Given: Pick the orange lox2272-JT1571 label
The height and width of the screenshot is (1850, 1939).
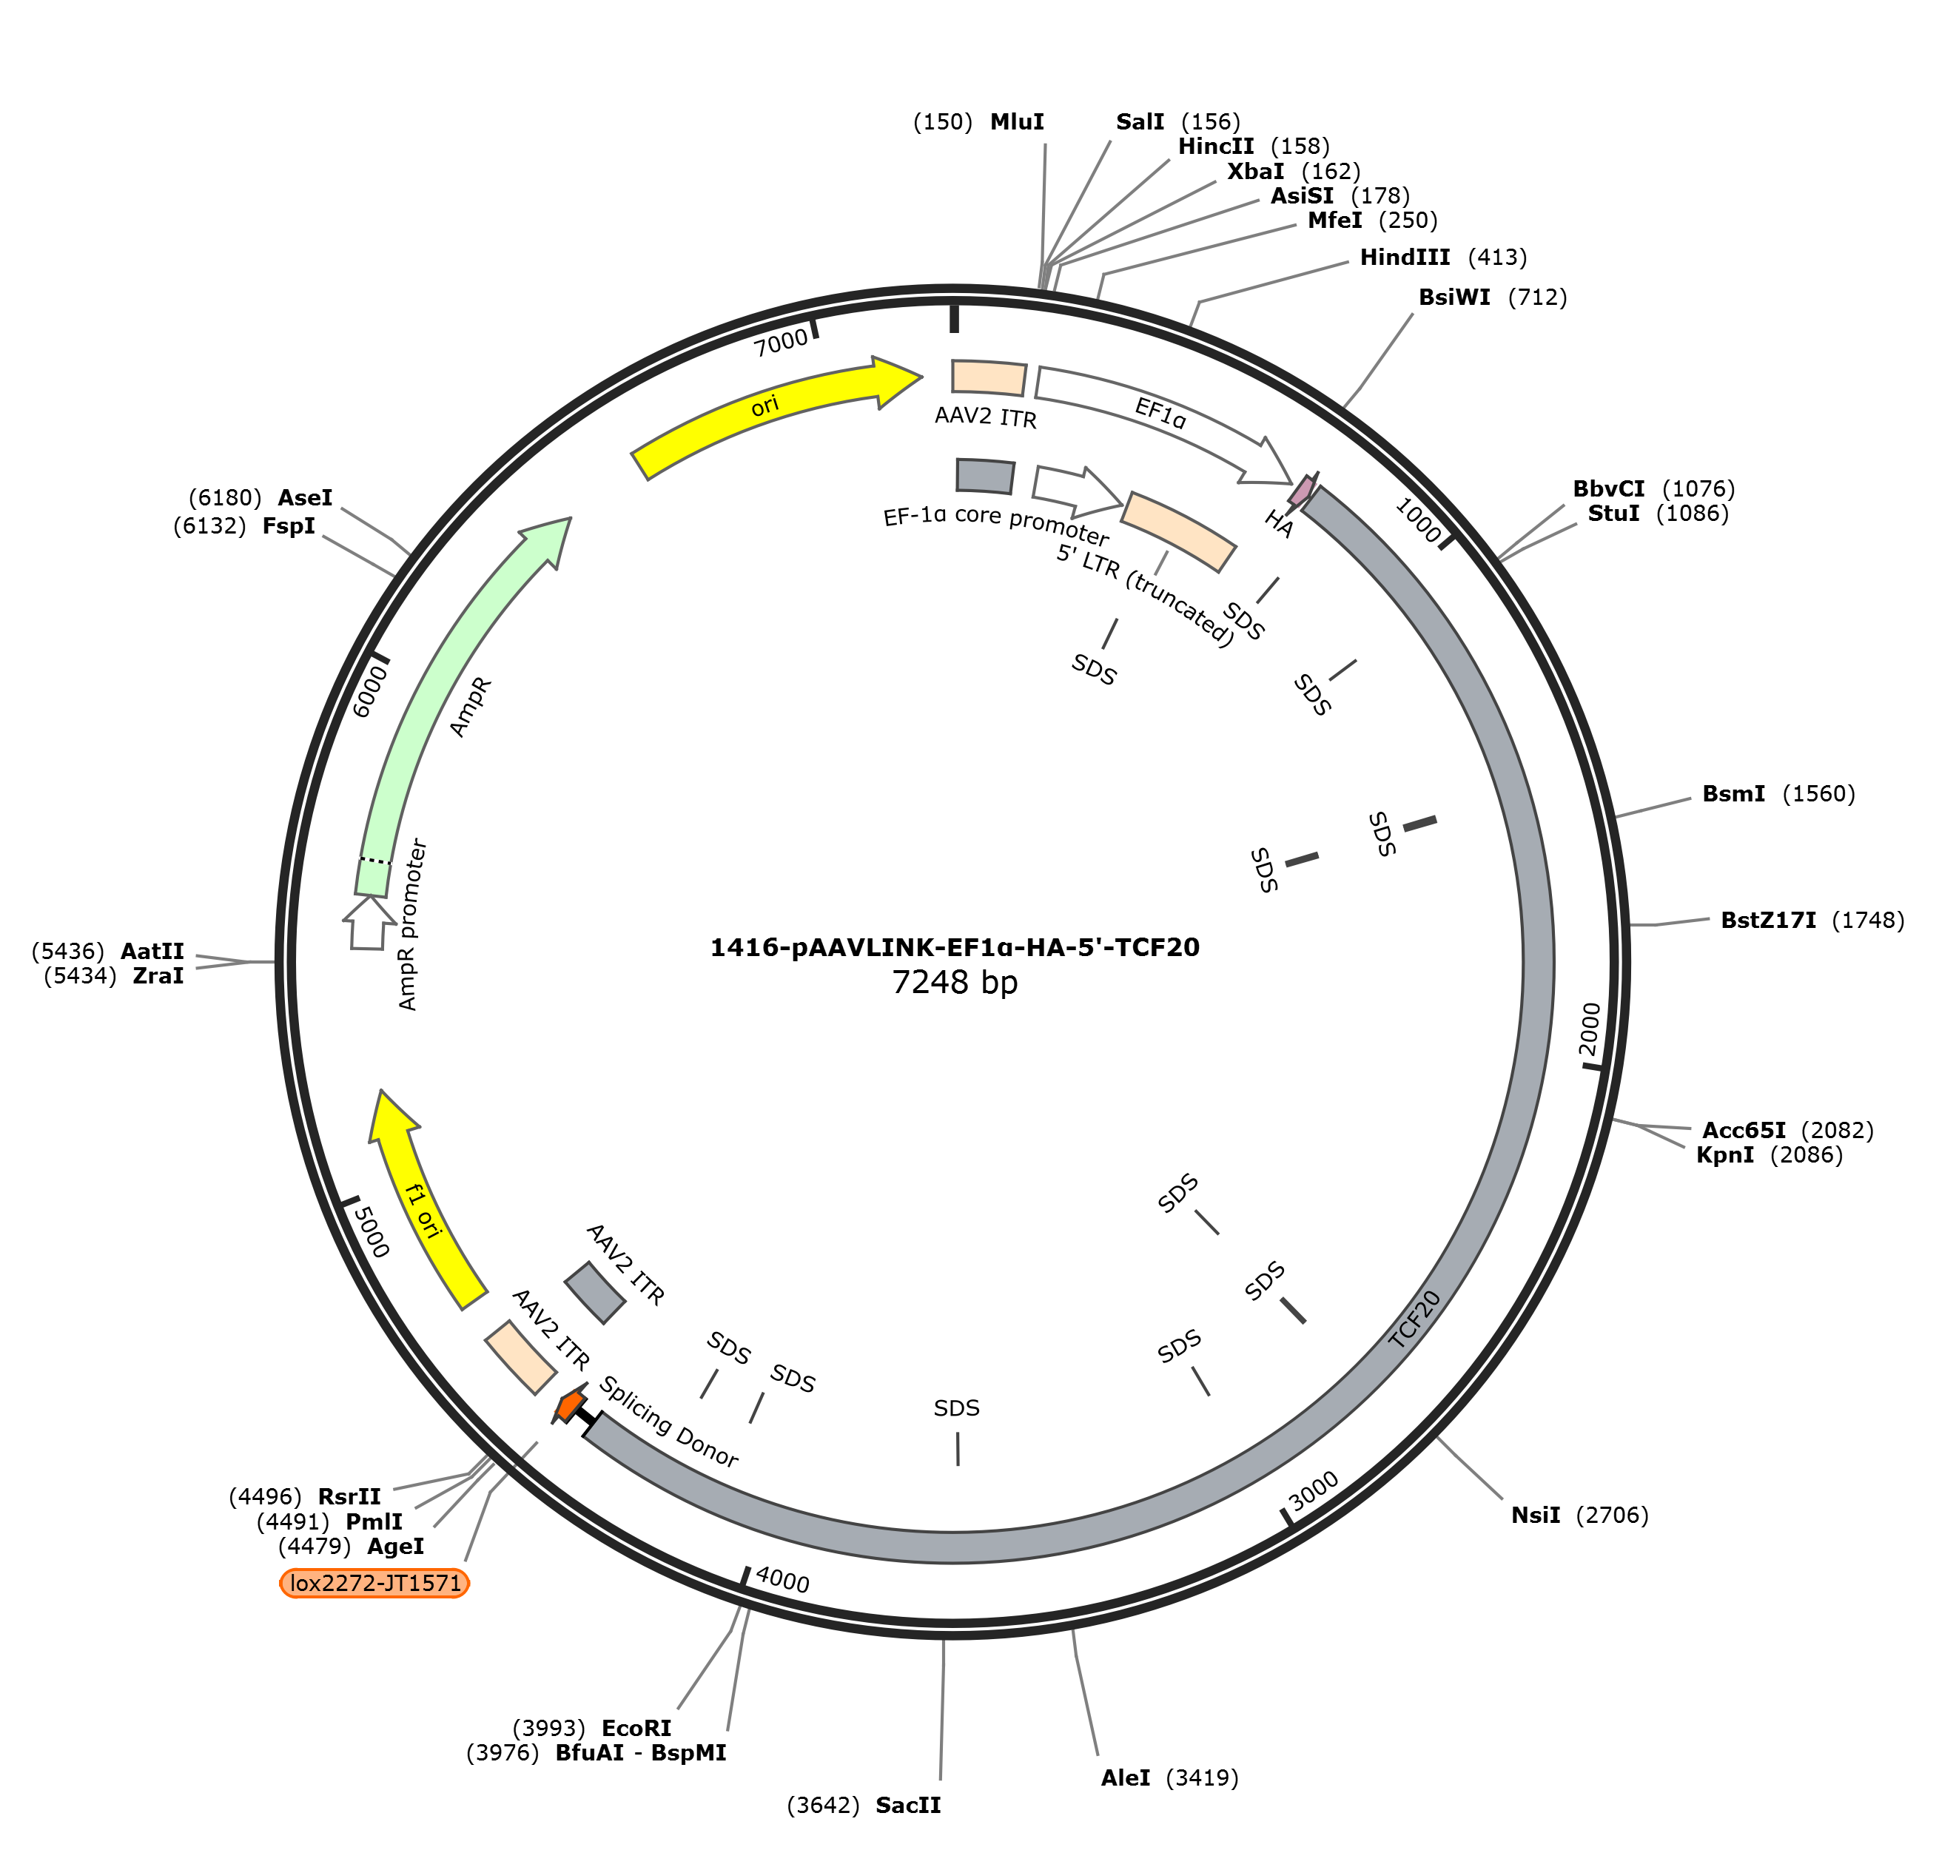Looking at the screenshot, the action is [x=374, y=1583].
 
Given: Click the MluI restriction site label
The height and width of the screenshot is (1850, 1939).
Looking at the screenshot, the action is [x=1017, y=121].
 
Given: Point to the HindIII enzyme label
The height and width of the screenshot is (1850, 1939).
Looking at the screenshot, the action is [x=1405, y=258].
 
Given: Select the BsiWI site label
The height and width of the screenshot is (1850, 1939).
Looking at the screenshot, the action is [x=1455, y=297].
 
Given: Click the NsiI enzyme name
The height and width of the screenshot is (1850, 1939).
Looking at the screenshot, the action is [x=1536, y=1515].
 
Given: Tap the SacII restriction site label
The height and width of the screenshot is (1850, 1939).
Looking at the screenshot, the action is [x=908, y=1806].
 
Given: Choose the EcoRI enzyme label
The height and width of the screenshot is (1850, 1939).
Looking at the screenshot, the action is [x=636, y=1728].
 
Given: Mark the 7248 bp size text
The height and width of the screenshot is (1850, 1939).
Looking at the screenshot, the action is [x=955, y=982].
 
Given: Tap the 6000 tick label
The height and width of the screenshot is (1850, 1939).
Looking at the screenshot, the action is [x=370, y=690].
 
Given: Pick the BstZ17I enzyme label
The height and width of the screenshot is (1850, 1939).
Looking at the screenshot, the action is [x=1768, y=920].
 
